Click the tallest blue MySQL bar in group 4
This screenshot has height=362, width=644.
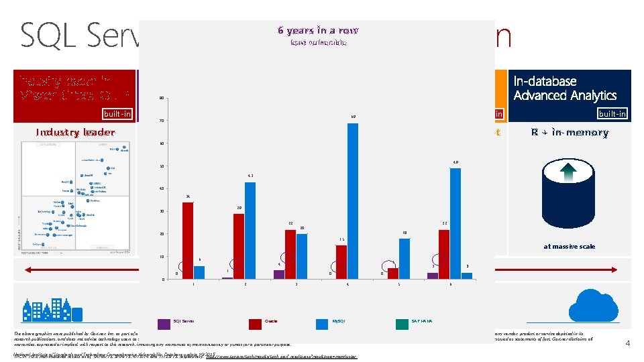(353, 201)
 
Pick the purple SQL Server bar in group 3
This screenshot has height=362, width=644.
(279, 274)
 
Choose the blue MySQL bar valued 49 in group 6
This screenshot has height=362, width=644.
(455, 223)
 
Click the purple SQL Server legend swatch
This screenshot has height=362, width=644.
(164, 324)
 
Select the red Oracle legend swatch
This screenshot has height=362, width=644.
(256, 324)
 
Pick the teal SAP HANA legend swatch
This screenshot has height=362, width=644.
(401, 324)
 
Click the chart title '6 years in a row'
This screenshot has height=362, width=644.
(319, 30)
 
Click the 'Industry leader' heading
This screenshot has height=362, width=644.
(75, 132)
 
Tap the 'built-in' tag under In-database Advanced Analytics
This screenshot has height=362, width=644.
(612, 114)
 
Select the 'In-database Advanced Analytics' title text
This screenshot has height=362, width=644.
(565, 88)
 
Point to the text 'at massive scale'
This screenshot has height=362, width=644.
(569, 246)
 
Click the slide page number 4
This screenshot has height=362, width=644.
(627, 344)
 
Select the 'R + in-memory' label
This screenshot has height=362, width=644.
(570, 132)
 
